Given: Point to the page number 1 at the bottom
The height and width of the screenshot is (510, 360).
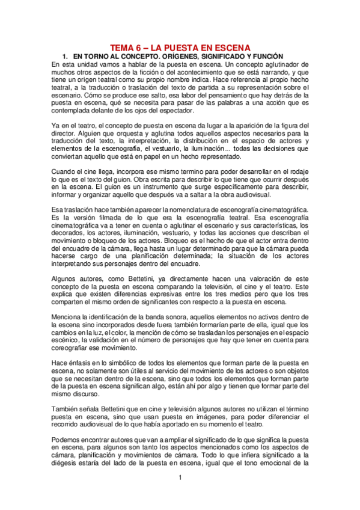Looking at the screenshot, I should pos(179,478).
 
